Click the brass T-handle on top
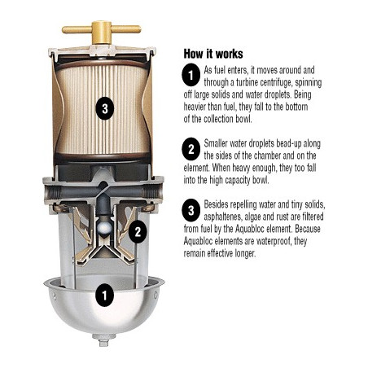coord(101,30)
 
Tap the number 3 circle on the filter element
coord(105,108)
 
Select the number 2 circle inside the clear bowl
coord(138,231)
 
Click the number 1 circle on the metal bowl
coord(105,295)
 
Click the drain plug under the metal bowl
coord(103,340)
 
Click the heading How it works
coord(213,54)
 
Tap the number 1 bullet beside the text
coord(191,75)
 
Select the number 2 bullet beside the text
coord(191,149)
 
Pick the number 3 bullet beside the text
coord(191,210)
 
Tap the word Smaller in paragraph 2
coord(217,143)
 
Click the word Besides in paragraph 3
coord(216,204)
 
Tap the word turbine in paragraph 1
coord(247,82)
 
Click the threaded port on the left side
coord(51,192)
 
